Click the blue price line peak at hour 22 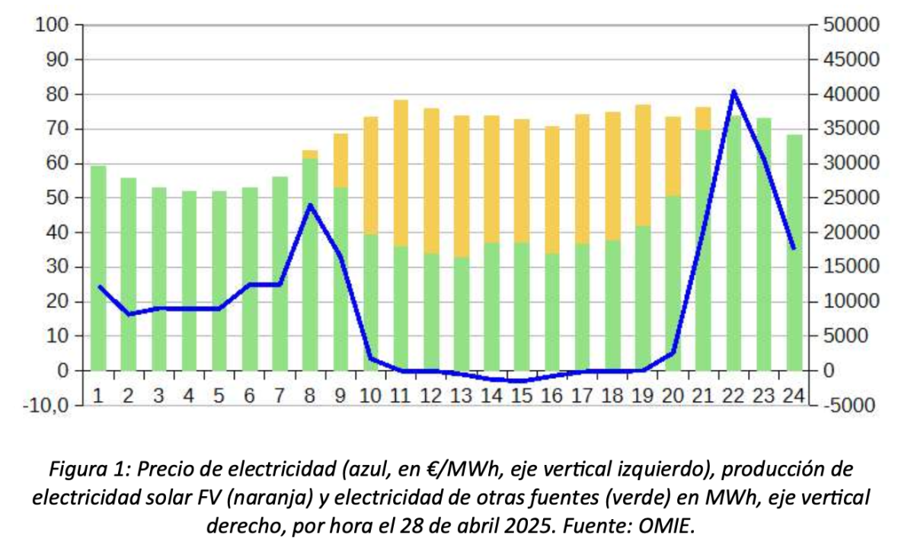(733, 92)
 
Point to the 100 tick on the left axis (50, 25)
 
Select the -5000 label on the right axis (852, 405)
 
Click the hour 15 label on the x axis (522, 395)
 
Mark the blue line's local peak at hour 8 (310, 205)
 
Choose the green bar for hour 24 (794, 251)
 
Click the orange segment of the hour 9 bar (340, 161)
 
